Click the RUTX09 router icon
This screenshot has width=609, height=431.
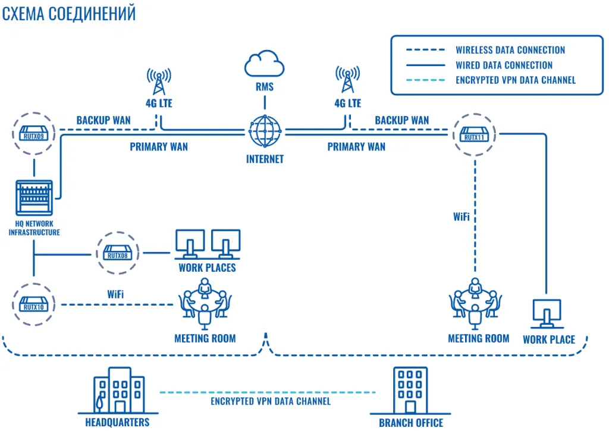tap(33, 131)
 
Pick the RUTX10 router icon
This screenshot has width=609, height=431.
tap(33, 305)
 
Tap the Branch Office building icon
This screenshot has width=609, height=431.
tap(410, 390)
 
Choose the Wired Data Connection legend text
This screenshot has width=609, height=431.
tap(504, 65)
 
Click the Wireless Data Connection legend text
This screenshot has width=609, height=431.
tap(510, 51)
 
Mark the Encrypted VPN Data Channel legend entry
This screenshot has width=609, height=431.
tap(515, 80)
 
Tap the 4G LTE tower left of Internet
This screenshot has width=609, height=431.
tap(158, 81)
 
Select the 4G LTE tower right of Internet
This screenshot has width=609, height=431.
tap(347, 81)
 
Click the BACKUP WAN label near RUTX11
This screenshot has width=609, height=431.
tap(401, 120)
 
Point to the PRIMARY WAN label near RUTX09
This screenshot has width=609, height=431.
tap(159, 146)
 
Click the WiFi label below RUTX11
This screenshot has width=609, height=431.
tap(462, 217)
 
